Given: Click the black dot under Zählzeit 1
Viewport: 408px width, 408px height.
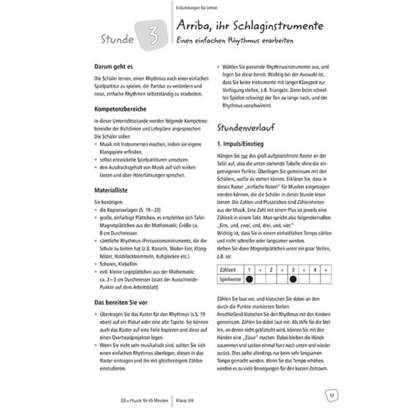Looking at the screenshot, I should [x=249, y=280].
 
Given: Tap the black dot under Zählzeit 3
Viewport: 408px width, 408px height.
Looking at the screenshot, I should [x=291, y=280].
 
